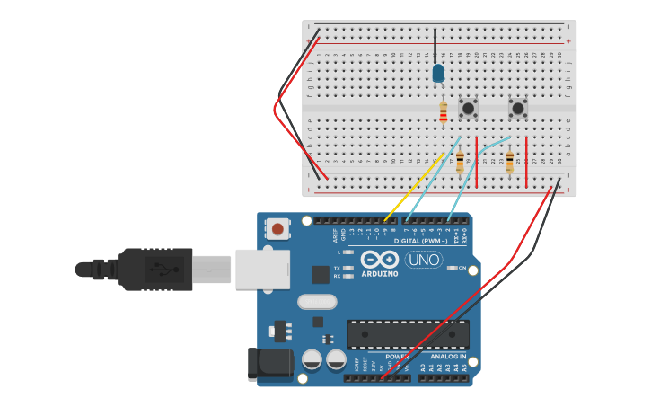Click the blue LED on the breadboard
pyautogui.click(x=438, y=73)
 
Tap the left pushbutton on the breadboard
pyautogui.click(x=468, y=109)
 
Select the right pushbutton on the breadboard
pyautogui.click(x=518, y=109)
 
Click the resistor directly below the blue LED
pyautogui.click(x=443, y=112)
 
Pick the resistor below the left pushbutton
pyautogui.click(x=460, y=162)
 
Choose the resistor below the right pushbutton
pyautogui.click(x=509, y=162)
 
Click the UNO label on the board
pyautogui.click(x=423, y=260)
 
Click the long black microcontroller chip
pyautogui.click(x=408, y=334)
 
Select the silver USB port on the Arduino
pyautogui.click(x=262, y=269)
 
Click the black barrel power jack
pyautogui.click(x=269, y=363)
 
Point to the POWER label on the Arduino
pyautogui.click(x=397, y=357)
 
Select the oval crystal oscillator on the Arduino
pyautogui.click(x=316, y=302)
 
